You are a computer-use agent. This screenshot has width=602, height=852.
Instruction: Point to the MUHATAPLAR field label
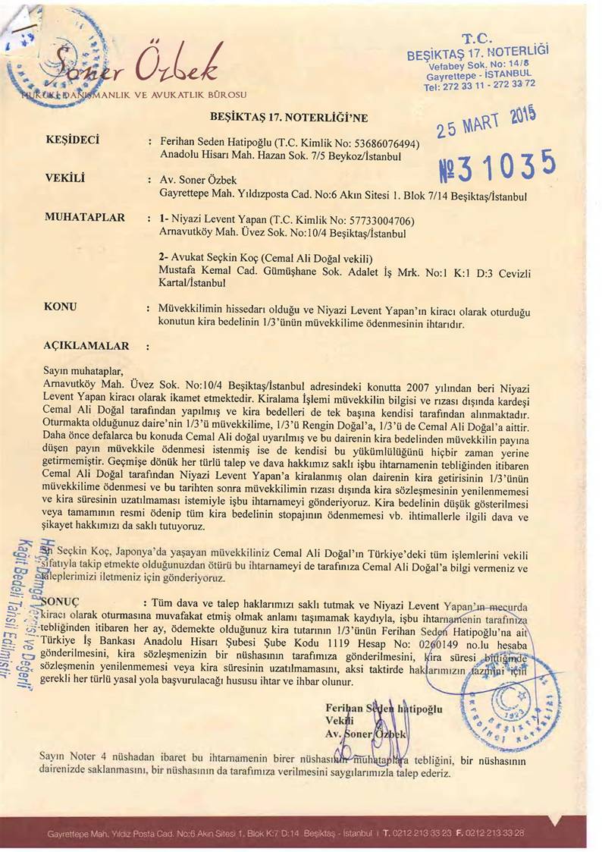84,218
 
